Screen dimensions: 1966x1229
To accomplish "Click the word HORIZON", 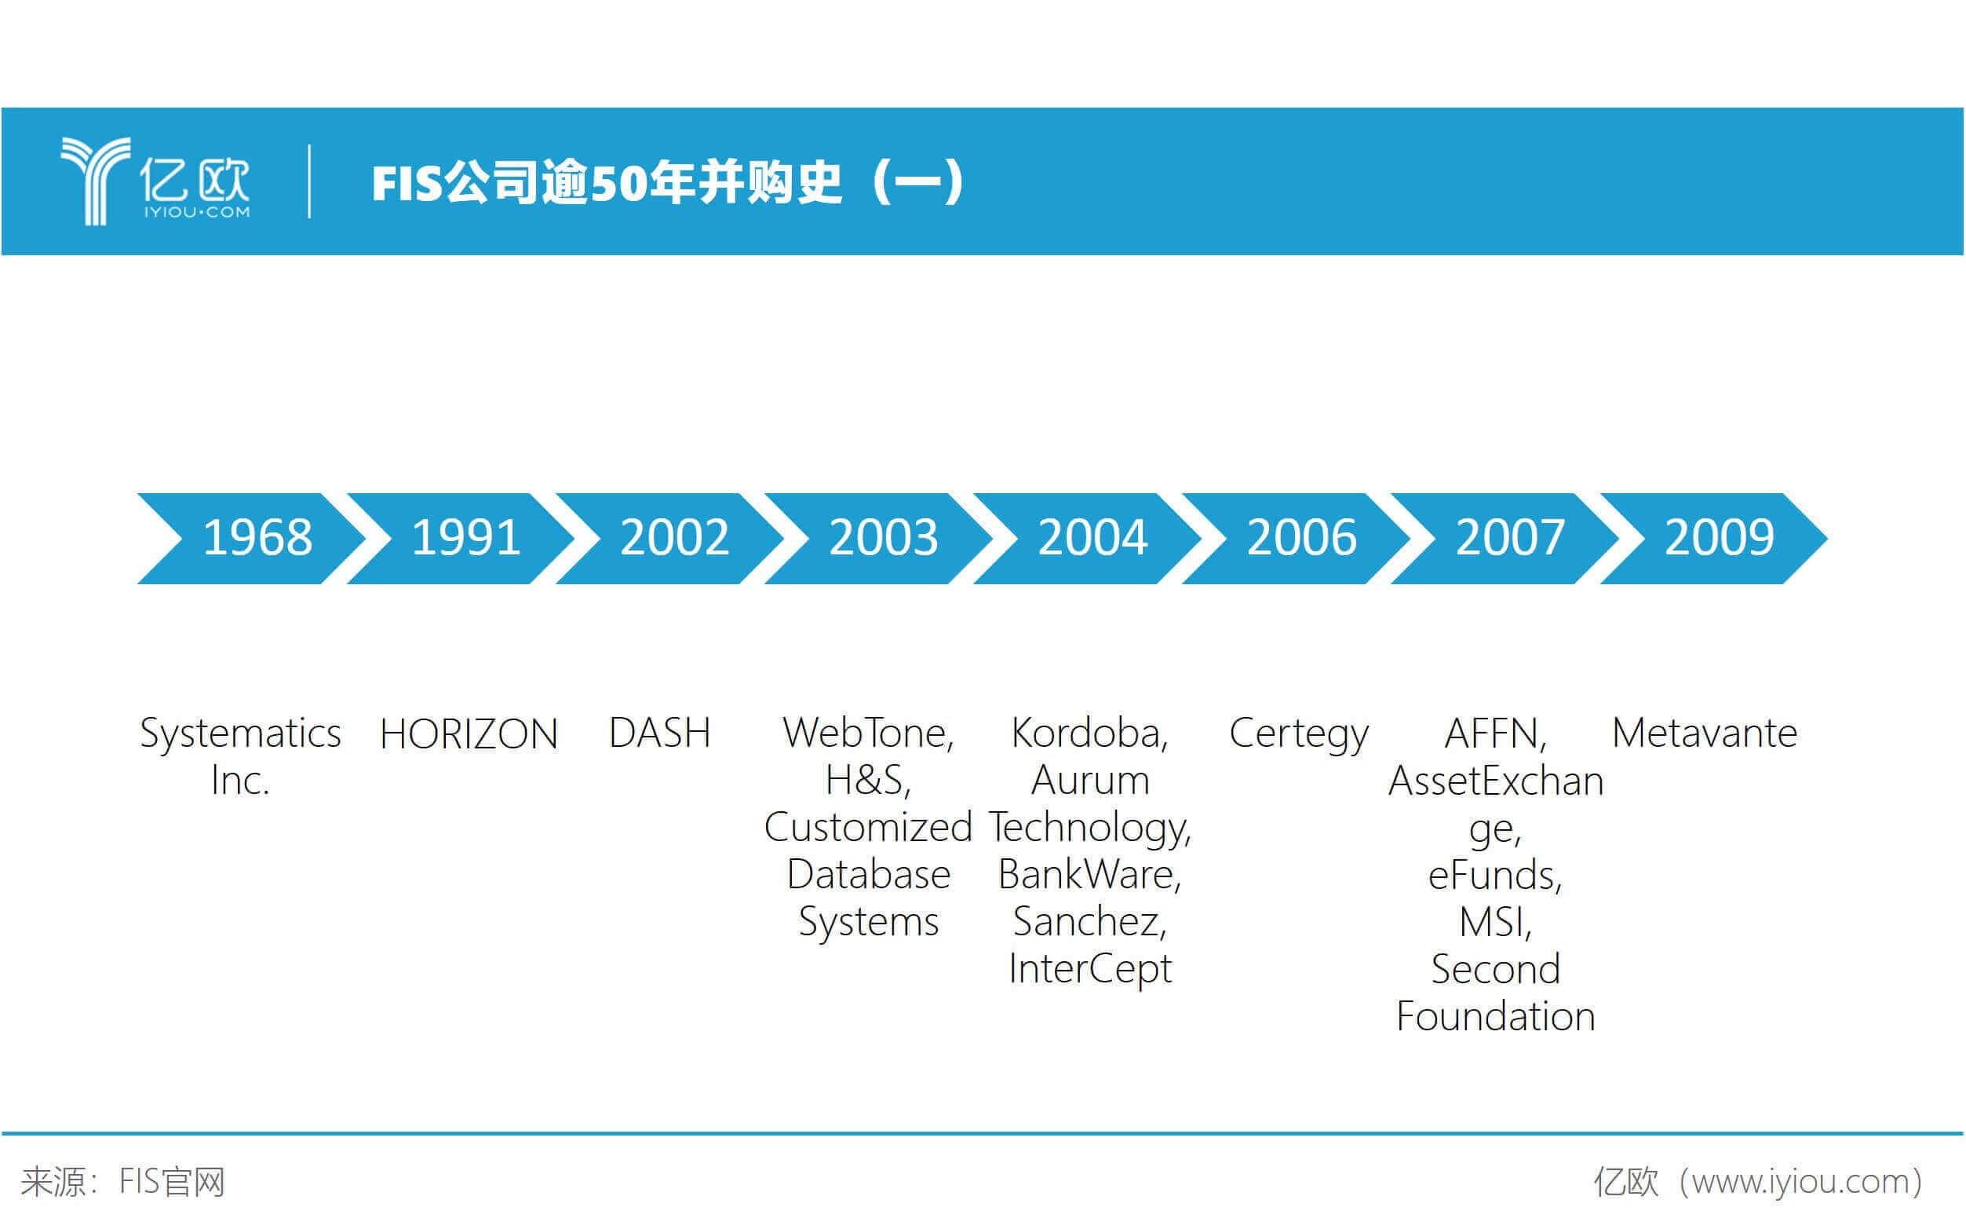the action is tap(469, 734).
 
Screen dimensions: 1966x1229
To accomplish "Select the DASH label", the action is tap(660, 733).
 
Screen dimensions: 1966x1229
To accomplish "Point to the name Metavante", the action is tap(1705, 733).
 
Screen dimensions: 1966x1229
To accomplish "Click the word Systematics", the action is tap(240, 734).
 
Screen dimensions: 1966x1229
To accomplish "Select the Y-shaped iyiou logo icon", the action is tap(96, 181).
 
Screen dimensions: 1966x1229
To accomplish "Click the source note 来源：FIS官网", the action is tap(122, 1182).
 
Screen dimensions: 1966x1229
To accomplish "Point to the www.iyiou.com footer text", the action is tap(1801, 1183).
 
